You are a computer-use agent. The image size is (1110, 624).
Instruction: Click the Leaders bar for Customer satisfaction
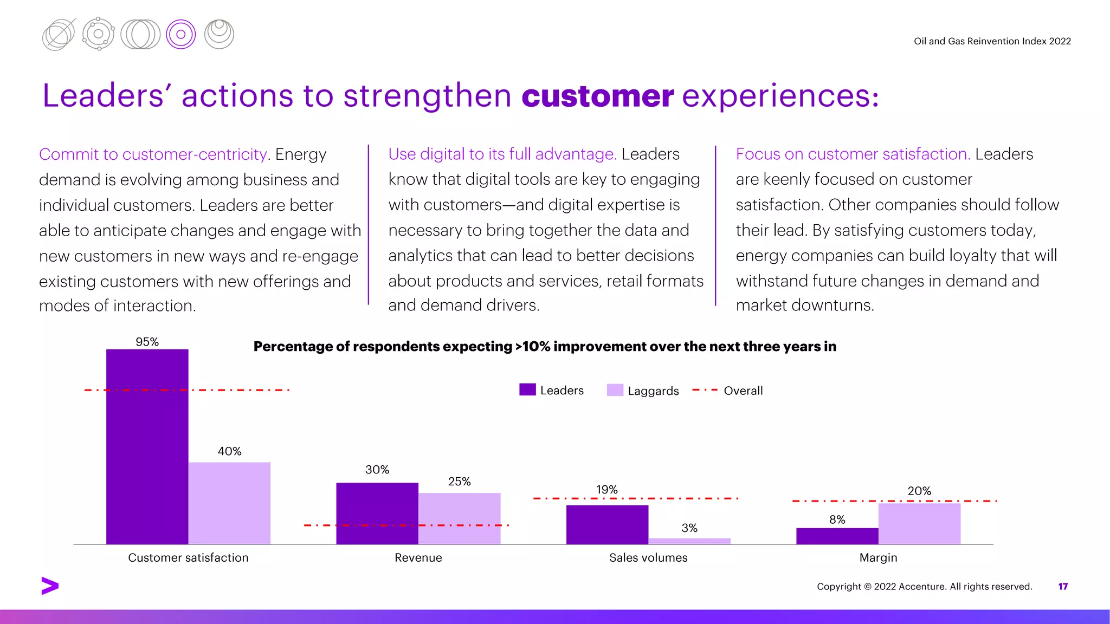click(147, 446)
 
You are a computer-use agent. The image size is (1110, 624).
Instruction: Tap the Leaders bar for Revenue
click(377, 513)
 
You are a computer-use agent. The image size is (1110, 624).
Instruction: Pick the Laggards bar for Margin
click(919, 523)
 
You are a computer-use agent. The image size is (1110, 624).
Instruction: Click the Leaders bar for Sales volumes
click(607, 524)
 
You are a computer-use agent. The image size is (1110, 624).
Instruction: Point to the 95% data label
click(147, 342)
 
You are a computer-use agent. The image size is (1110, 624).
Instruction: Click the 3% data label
click(689, 528)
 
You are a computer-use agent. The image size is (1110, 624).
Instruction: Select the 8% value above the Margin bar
click(837, 519)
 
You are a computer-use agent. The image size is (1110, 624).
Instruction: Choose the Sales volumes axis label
click(648, 557)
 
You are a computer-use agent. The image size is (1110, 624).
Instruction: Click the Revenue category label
click(418, 557)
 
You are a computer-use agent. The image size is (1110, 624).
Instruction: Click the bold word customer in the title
click(597, 96)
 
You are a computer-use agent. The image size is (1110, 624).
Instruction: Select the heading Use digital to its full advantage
click(502, 154)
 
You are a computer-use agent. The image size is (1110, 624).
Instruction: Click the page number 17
click(1063, 586)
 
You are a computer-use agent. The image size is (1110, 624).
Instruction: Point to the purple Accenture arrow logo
click(50, 586)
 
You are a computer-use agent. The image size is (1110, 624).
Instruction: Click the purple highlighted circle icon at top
click(180, 35)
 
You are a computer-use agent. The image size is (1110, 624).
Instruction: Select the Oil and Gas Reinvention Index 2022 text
click(992, 41)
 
